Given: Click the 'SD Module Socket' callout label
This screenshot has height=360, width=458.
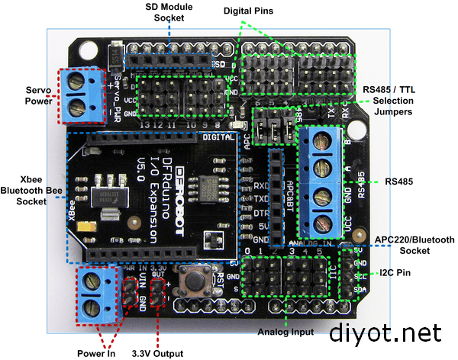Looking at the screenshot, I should [169, 11].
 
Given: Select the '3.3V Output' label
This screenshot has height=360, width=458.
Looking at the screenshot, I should [157, 352].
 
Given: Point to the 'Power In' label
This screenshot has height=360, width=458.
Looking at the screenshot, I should [96, 352].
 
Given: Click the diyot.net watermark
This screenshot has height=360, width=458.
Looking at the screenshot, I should [385, 333].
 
